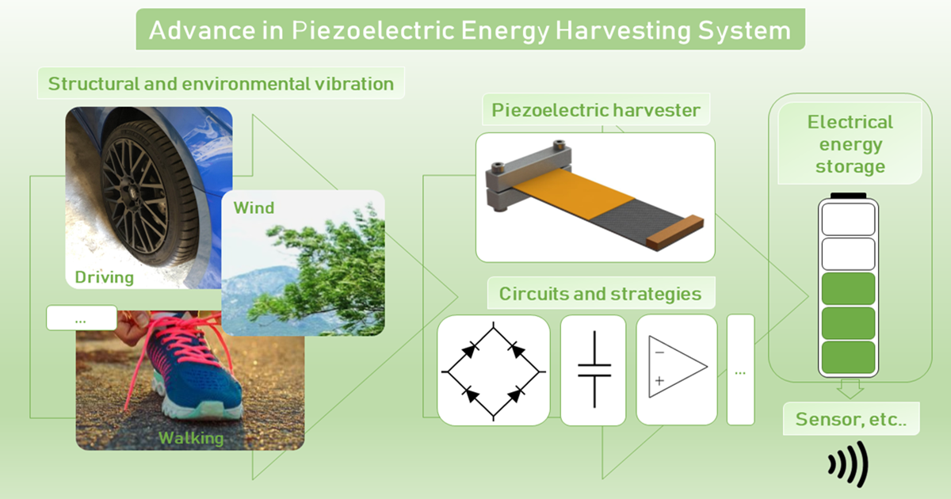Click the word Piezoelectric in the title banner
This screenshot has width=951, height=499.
[x=372, y=31]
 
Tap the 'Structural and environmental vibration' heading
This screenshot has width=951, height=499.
[x=221, y=84]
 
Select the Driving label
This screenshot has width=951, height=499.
[x=105, y=277]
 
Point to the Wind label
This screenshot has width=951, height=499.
[x=254, y=208]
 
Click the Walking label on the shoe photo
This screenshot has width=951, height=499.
[x=191, y=438]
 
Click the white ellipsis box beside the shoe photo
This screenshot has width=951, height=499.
[x=82, y=318]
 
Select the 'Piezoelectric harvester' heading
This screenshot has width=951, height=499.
[x=596, y=110]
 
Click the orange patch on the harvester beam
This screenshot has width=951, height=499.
[x=573, y=193]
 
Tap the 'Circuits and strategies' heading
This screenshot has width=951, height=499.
[x=601, y=294]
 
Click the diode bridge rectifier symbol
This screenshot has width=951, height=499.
[x=493, y=371]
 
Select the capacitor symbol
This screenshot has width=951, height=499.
[x=594, y=370]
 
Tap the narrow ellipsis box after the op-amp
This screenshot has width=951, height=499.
[x=740, y=370]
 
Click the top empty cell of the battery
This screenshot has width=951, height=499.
[x=848, y=219]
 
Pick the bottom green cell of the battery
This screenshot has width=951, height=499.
[x=848, y=357]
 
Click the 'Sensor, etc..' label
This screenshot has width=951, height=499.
[x=851, y=419]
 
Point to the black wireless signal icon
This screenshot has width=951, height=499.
[x=848, y=464]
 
